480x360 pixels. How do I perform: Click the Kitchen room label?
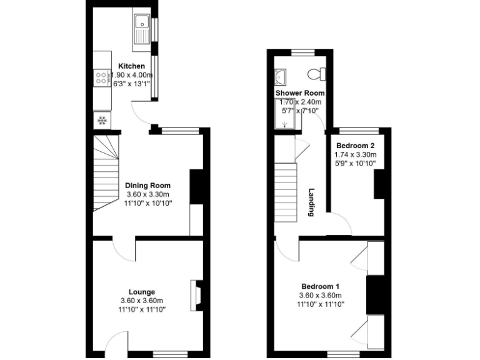tap(131, 66)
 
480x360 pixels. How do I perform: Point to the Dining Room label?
tap(147, 186)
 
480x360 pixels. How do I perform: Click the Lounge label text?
tap(142, 292)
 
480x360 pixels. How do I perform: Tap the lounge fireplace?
tap(196, 294)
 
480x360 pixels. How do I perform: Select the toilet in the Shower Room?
tap(317, 74)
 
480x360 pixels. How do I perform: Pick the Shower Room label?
tap(299, 93)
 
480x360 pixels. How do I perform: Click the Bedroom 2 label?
tap(354, 145)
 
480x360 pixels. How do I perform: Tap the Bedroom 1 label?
tap(321, 287)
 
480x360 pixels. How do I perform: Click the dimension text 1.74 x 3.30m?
tap(355, 154)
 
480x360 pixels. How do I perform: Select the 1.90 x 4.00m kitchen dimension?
tap(132, 76)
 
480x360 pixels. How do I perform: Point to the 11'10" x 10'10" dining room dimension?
tap(148, 203)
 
